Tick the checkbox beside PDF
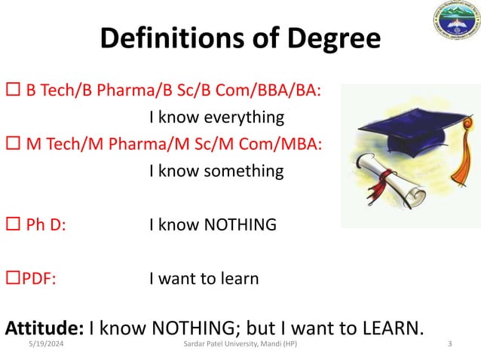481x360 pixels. tap(12, 279)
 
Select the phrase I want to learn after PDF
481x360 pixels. tap(204, 279)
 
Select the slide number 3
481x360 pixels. tap(449, 344)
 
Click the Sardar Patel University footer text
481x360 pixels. tap(240, 344)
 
